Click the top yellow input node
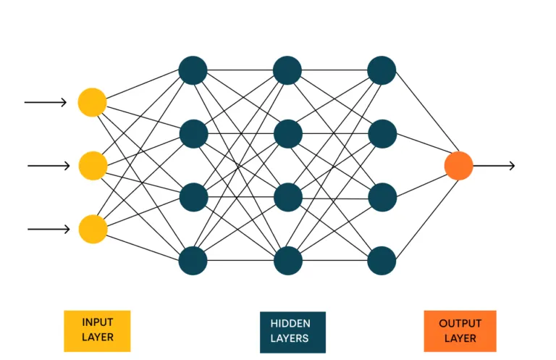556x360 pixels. coord(93,102)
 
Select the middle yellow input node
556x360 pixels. coord(93,166)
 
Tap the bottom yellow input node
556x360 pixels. coord(93,229)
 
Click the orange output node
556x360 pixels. coord(459,166)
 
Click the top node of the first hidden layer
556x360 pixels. coord(193,70)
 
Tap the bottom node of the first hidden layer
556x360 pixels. coord(193,261)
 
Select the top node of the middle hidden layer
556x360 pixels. coord(287,70)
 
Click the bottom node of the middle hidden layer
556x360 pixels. coord(287,261)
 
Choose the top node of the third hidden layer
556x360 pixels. coord(382,70)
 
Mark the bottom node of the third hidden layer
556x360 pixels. coord(382,261)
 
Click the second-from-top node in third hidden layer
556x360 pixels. coord(382,134)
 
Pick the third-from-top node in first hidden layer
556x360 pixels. coord(193,197)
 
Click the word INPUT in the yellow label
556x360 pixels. coord(97,322)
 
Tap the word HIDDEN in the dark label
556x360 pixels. coord(290,324)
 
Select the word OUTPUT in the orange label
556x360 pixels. coord(460,323)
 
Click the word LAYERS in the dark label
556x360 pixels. coord(290,338)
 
